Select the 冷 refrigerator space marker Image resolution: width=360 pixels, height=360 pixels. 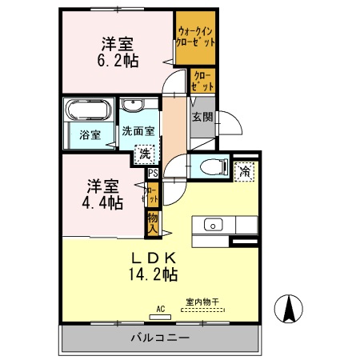coord(244,170)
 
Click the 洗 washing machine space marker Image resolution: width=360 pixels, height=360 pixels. coord(144,153)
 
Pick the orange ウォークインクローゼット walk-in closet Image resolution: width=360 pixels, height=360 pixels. coord(196,36)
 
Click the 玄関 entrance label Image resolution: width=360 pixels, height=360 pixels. coord(201,116)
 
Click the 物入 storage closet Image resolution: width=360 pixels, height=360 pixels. coord(151,222)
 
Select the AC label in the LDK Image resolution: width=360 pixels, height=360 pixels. coord(160,309)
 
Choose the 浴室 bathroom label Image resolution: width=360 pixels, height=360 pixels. coord(90,135)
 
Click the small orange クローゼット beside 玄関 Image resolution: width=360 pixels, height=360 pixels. coord(202,81)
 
